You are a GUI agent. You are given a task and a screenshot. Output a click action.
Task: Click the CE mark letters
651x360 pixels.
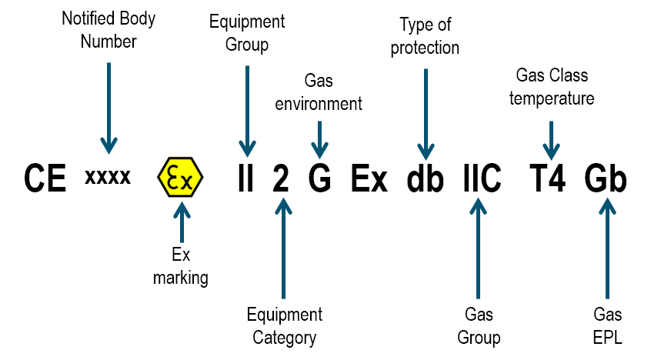[x=45, y=178]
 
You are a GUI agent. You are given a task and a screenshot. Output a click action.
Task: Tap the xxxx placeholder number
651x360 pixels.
[x=108, y=176]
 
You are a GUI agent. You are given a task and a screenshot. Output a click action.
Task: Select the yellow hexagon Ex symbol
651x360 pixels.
[x=180, y=177]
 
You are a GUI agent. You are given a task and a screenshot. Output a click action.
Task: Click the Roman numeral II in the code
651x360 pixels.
[x=245, y=178]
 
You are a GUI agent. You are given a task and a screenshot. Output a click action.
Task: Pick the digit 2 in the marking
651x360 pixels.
[x=281, y=178]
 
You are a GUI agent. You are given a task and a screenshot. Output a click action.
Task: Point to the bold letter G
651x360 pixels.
[x=319, y=178]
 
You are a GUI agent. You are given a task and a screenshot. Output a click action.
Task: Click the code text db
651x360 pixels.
[x=425, y=178]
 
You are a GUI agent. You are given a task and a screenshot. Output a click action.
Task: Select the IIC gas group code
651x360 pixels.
[x=482, y=178]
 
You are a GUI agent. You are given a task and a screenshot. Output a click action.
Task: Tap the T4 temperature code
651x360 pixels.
[x=548, y=178]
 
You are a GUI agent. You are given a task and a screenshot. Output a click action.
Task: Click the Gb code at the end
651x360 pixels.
[x=606, y=178]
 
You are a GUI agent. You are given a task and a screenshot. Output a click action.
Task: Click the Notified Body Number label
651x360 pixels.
[x=108, y=30]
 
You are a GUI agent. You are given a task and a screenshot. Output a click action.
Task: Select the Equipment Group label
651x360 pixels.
[x=247, y=33]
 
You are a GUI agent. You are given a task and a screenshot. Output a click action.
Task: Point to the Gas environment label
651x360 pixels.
[x=319, y=92]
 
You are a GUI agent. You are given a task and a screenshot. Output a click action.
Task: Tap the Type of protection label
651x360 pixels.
[x=425, y=36]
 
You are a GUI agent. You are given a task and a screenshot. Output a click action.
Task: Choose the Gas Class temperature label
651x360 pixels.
[x=552, y=87]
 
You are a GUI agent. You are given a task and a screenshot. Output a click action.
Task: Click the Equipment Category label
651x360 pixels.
[x=285, y=326]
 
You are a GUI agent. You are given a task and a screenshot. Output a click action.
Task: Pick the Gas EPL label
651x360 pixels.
[x=607, y=326]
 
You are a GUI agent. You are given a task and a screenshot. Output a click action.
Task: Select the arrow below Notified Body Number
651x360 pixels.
[x=108, y=108]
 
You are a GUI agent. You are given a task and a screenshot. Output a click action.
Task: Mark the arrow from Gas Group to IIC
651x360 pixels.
[x=479, y=248]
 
